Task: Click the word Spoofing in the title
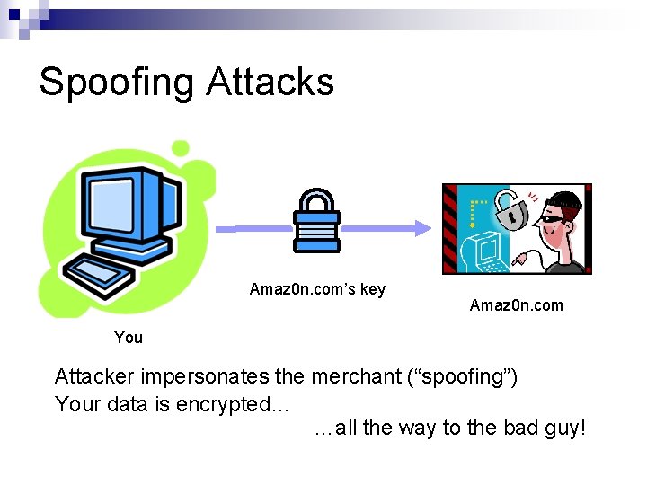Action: pyautogui.click(x=116, y=83)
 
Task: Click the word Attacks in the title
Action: pyautogui.click(x=270, y=82)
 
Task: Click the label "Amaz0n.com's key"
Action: pyautogui.click(x=317, y=289)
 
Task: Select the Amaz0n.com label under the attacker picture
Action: pyautogui.click(x=516, y=305)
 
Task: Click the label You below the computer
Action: pyautogui.click(x=129, y=338)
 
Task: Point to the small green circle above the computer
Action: pyautogui.click(x=181, y=148)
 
